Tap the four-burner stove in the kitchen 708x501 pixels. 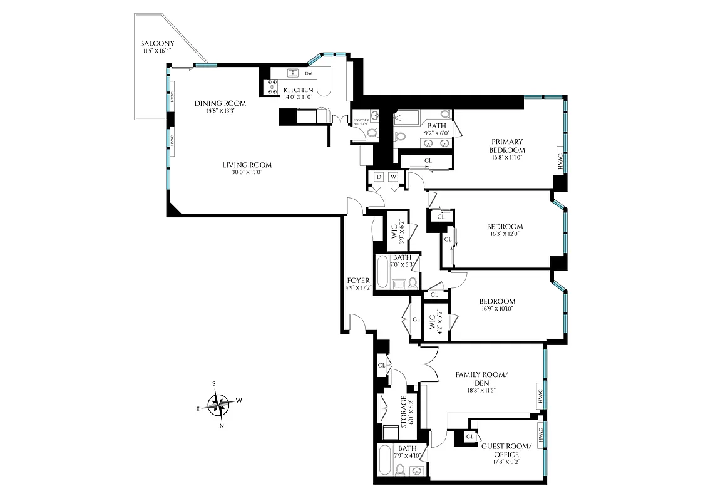click(x=274, y=88)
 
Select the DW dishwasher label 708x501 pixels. click(x=309, y=73)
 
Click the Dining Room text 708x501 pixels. click(x=220, y=103)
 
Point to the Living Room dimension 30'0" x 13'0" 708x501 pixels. click(x=247, y=172)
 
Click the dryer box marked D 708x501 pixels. click(x=378, y=177)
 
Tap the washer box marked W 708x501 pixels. click(x=394, y=177)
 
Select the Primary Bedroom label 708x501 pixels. click(x=507, y=146)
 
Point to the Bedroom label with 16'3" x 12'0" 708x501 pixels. click(x=505, y=227)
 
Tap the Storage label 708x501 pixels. click(x=404, y=411)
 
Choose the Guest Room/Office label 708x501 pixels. click(x=506, y=450)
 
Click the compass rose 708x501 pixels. click(x=219, y=404)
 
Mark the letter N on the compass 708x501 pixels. click(x=222, y=426)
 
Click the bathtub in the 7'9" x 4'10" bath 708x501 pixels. click(x=387, y=460)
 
